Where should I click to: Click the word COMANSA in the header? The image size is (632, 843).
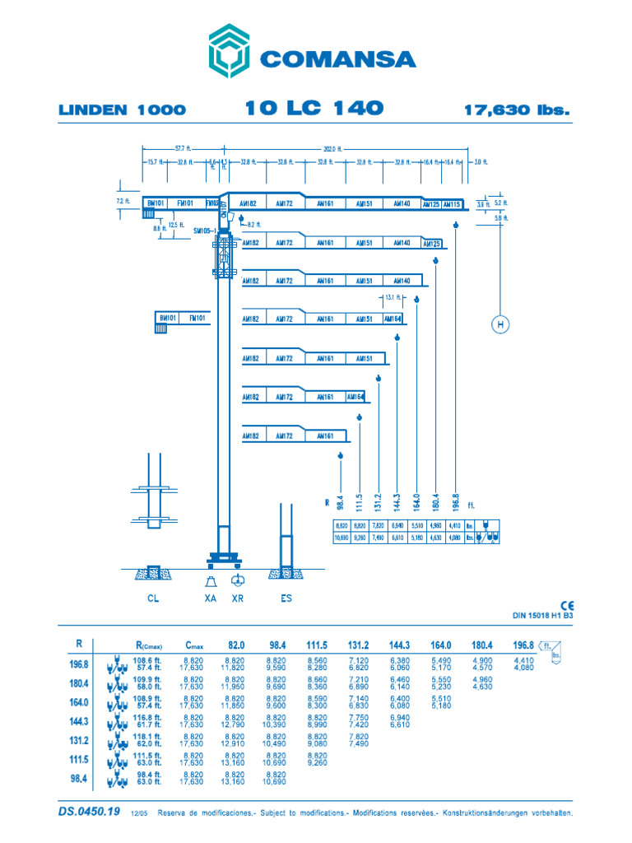[x=338, y=59]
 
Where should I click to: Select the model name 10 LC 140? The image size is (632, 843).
[x=314, y=108]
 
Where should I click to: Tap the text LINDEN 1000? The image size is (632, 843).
[x=123, y=109]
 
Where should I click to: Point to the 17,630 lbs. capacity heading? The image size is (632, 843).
[x=517, y=109]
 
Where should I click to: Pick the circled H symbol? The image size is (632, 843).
[x=499, y=325]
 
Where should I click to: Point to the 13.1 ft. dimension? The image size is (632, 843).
[x=392, y=297]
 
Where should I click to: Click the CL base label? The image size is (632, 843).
[x=152, y=598]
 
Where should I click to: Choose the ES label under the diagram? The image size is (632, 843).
[x=286, y=598]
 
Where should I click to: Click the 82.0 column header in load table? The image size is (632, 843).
[x=236, y=645]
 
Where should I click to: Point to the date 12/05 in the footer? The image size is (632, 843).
[x=138, y=813]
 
